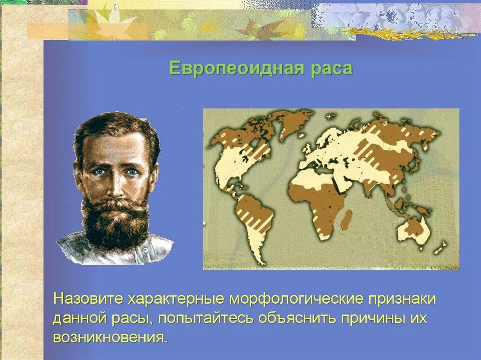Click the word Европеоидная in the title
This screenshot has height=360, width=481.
[232, 69]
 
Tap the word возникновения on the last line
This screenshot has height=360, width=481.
[109, 338]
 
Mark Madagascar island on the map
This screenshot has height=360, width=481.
[346, 220]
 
